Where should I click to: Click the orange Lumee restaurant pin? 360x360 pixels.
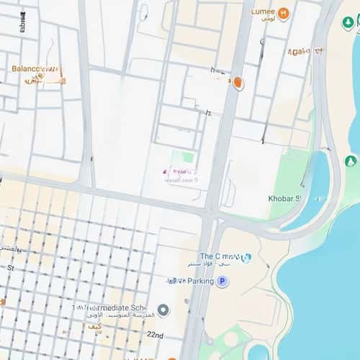coord(284,14)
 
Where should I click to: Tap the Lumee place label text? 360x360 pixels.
coord(263,12)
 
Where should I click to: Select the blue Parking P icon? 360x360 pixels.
coord(222,282)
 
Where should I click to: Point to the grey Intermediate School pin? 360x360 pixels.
coord(163,310)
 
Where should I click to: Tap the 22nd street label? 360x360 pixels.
coord(154,336)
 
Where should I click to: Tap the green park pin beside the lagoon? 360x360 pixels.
coord(351,161)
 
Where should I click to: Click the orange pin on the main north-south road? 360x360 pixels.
coord(238,84)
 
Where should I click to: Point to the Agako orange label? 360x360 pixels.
coord(305,52)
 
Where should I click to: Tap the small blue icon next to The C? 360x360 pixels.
coord(246,257)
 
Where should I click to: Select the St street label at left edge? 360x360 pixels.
coord(10,267)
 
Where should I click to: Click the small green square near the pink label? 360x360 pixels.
coord(188,157)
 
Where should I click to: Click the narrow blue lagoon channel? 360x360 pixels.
coord(318,184)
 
